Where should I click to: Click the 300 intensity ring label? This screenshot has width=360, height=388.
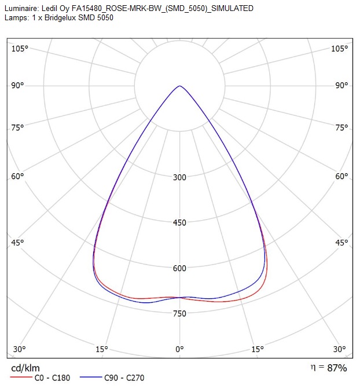click(x=179, y=177)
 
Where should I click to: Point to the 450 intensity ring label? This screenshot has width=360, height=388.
click(x=179, y=223)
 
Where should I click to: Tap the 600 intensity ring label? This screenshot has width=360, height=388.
click(x=179, y=268)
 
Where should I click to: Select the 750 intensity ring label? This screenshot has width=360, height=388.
click(x=179, y=313)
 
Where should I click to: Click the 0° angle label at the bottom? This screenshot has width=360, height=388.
click(x=180, y=349)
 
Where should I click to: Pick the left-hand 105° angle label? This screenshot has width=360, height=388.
click(x=20, y=49)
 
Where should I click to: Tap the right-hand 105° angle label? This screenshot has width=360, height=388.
click(x=340, y=49)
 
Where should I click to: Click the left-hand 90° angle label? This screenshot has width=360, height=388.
click(x=17, y=86)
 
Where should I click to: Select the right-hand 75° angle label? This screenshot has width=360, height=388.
click(x=341, y=127)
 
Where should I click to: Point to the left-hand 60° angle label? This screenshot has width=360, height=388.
click(x=17, y=177)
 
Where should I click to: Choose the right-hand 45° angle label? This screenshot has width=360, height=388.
click(x=341, y=243)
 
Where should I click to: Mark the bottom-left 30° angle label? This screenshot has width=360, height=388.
click(x=19, y=349)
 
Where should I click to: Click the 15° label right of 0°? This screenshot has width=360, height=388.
click(x=258, y=349)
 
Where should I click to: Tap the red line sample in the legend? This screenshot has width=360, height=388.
click(x=21, y=377)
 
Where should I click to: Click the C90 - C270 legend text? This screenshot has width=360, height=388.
click(x=124, y=378)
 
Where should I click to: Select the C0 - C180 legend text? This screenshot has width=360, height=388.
click(x=53, y=378)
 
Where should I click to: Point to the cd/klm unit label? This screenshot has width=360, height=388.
click(x=25, y=368)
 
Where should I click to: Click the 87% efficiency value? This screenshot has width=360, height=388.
click(x=337, y=368)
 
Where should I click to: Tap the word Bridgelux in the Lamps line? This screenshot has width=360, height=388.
click(x=60, y=18)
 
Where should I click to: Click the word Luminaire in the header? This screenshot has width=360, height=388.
click(x=22, y=9)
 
